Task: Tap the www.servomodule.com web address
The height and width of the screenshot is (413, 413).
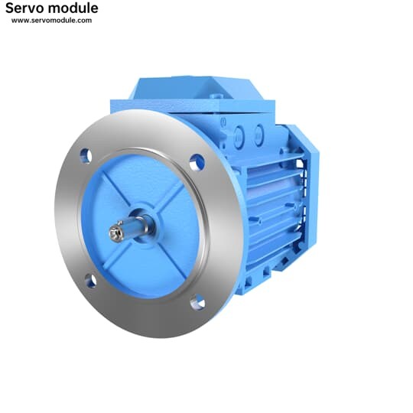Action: (x=51, y=20)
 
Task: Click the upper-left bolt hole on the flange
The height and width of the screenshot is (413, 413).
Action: (x=86, y=156)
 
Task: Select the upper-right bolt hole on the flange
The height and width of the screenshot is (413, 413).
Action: (x=197, y=162)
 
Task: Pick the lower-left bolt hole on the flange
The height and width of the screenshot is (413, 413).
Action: (x=90, y=281)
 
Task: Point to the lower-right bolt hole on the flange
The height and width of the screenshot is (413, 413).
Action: (x=197, y=302)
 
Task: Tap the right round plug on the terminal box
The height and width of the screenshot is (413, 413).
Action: (x=259, y=135)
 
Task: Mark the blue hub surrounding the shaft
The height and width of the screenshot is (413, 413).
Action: (x=145, y=223)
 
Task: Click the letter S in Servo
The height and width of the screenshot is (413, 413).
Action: (x=9, y=8)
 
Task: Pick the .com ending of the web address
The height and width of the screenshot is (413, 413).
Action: (x=83, y=20)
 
